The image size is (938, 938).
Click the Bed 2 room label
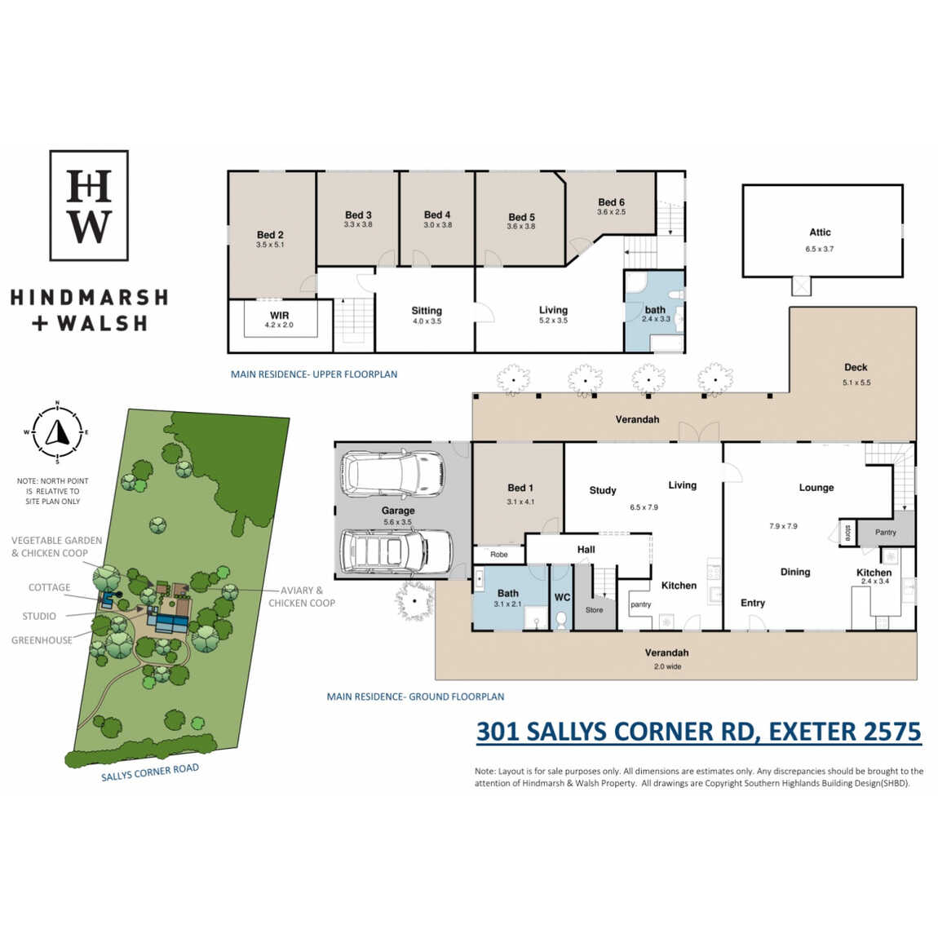point(271,235)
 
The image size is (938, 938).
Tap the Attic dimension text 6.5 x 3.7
point(820,249)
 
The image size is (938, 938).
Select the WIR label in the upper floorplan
point(280,316)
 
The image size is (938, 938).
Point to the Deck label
point(856,367)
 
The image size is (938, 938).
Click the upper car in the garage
point(392,475)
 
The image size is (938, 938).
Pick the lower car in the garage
point(396,552)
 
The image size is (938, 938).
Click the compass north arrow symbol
point(57,432)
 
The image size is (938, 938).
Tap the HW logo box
point(89,206)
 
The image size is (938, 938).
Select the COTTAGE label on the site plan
point(49,587)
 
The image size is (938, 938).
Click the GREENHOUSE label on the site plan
point(42,640)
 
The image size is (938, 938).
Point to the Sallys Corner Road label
point(149,772)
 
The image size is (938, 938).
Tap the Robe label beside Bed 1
point(499,555)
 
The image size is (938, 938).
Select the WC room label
point(562,597)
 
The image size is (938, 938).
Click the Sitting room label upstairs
point(427,311)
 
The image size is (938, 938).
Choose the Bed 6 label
point(612,202)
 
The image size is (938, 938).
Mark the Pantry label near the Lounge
point(885,533)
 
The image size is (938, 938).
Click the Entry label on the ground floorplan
point(753,603)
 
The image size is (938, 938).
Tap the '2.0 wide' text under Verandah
point(667,666)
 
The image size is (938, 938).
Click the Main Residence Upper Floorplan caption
point(314,374)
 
